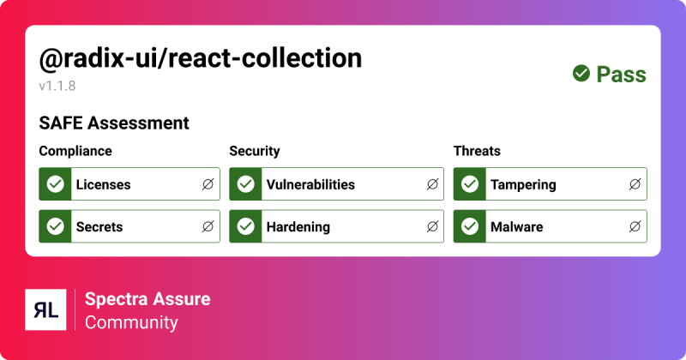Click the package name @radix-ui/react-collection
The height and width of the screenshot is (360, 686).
click(x=201, y=58)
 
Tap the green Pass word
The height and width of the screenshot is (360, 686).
click(x=622, y=75)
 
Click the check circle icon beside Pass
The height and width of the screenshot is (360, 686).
click(x=581, y=75)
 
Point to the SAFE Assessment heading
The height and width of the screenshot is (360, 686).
click(x=114, y=123)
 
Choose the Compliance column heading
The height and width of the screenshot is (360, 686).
click(x=75, y=152)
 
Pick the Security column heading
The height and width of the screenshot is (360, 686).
click(x=255, y=152)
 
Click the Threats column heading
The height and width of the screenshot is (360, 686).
click(x=477, y=152)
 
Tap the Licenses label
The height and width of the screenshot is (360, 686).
click(x=103, y=184)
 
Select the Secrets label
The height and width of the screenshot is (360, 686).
click(x=99, y=227)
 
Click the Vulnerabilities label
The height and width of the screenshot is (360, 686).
click(x=310, y=184)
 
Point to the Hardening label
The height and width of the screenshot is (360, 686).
click(x=298, y=227)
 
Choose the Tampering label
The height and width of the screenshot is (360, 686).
click(x=523, y=184)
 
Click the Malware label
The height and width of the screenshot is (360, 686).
click(x=516, y=227)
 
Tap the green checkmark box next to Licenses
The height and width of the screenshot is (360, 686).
click(x=56, y=184)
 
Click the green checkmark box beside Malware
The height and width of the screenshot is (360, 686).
click(x=470, y=227)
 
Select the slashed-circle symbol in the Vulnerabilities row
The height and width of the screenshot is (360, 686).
click(x=432, y=184)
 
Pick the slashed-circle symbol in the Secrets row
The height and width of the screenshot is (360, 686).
click(x=208, y=227)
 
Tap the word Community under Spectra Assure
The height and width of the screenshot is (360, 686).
click(x=131, y=322)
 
